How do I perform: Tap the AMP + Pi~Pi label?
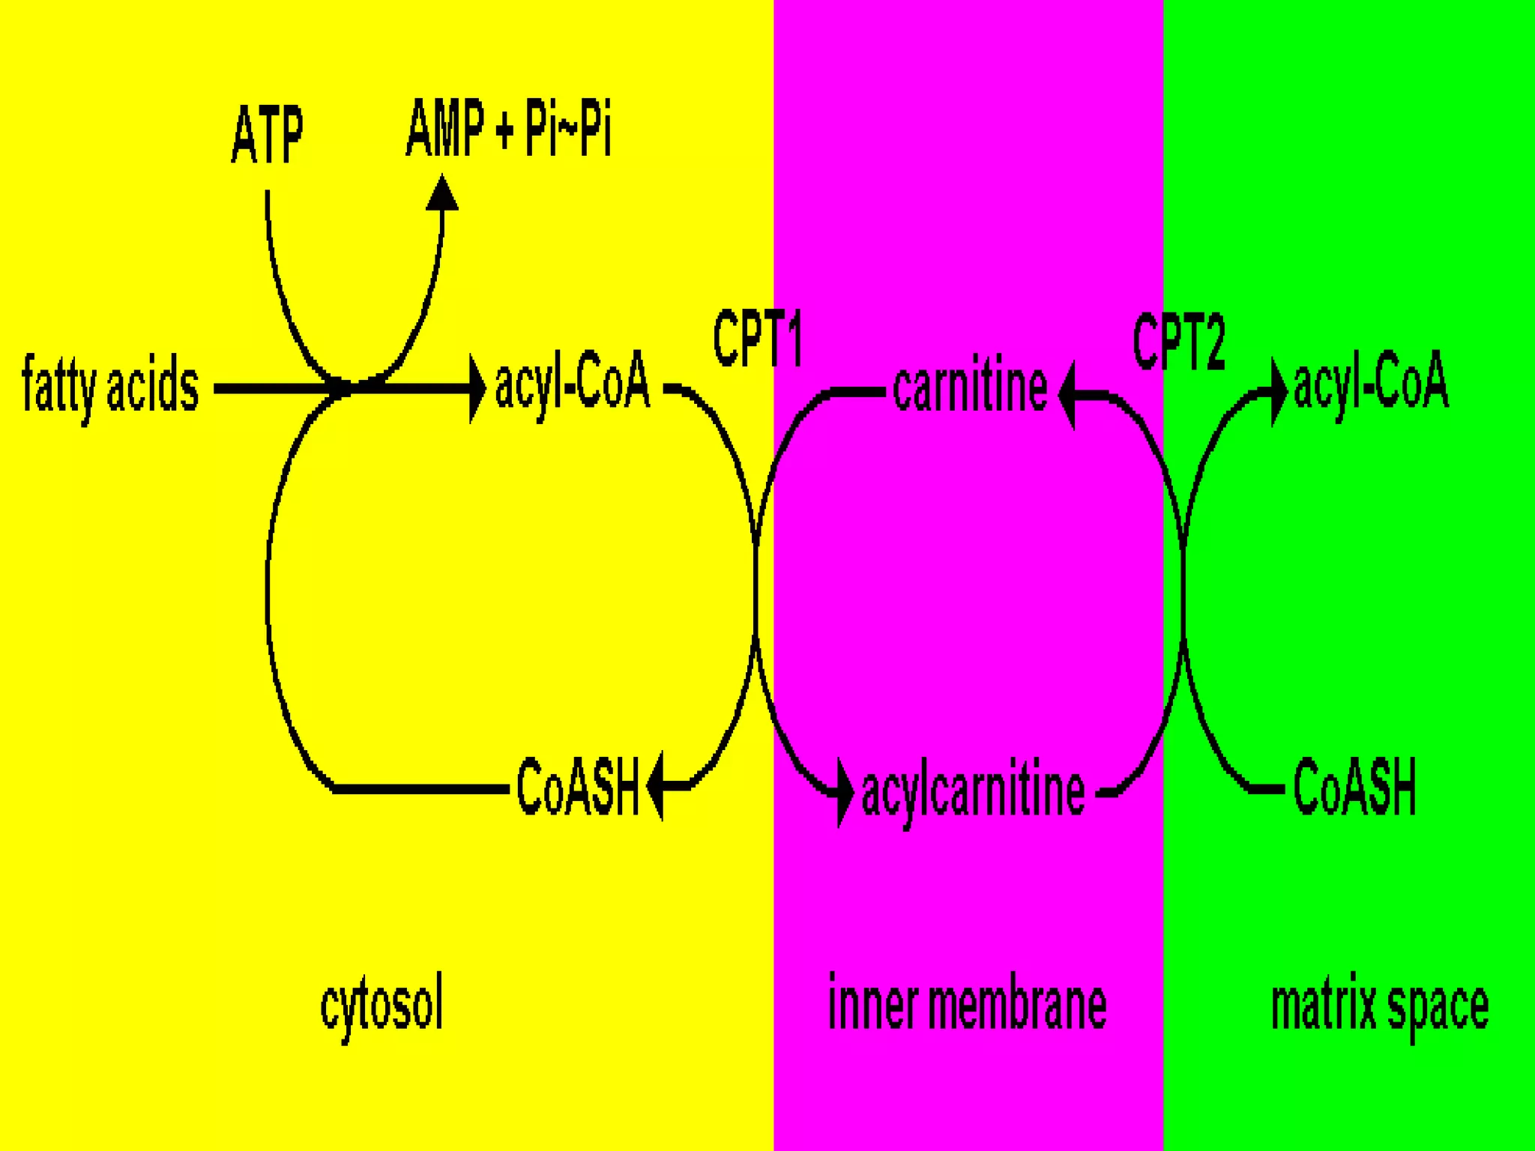pyautogui.click(x=508, y=129)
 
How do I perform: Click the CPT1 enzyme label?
pyautogui.click(x=757, y=339)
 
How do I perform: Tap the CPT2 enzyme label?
pyautogui.click(x=1179, y=342)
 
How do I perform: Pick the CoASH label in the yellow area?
pyautogui.click(x=577, y=787)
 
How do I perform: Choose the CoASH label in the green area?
pyautogui.click(x=1355, y=787)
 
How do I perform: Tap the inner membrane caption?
pyautogui.click(x=967, y=1004)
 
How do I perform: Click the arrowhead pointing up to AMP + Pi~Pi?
pyautogui.click(x=442, y=193)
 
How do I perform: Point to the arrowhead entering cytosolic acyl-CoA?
pyautogui.click(x=477, y=388)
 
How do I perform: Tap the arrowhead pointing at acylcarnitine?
pyautogui.click(x=845, y=792)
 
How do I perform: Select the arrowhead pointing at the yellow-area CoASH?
pyautogui.click(x=655, y=786)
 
